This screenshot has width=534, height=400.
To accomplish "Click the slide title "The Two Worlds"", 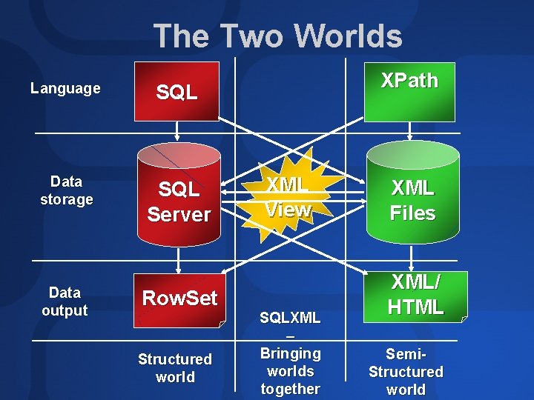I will [x=277, y=36].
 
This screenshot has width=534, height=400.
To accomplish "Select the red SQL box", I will [x=177, y=91].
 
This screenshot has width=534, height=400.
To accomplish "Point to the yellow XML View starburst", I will [x=288, y=197].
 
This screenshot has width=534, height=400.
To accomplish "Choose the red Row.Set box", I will [x=179, y=299].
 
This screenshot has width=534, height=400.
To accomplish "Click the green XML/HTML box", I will [x=416, y=295].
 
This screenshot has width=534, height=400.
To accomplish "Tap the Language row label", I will [x=65, y=89].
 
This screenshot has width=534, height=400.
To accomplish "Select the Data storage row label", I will [x=66, y=190].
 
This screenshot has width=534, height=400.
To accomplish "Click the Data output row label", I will [x=65, y=301].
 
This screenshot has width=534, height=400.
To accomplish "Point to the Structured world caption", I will [x=175, y=368].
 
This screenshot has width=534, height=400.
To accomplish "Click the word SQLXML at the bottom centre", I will [x=291, y=318].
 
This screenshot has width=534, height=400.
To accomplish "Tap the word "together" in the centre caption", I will [x=291, y=389].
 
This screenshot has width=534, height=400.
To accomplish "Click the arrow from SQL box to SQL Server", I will [x=177, y=131].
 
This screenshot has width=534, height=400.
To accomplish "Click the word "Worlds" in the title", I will [x=348, y=36].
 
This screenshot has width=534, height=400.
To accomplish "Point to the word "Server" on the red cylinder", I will [x=179, y=214].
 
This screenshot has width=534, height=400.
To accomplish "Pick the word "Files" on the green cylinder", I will [x=412, y=213].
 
